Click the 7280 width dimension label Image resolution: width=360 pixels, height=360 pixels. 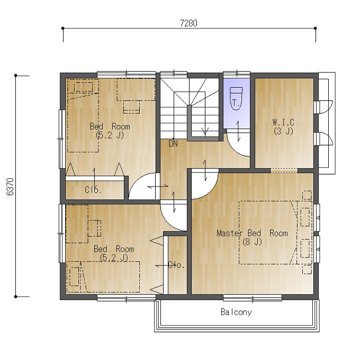[x=188, y=23]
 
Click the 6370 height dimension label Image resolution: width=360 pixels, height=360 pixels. [x=11, y=187]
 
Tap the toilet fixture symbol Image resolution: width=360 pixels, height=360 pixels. [x=236, y=98]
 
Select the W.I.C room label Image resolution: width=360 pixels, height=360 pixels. [x=283, y=122]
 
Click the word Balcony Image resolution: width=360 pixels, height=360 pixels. [x=236, y=312]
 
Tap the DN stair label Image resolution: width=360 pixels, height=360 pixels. [x=173, y=143]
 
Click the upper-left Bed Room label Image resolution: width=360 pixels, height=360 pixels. [x=110, y=127]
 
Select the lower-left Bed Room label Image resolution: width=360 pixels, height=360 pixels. [x=114, y=249]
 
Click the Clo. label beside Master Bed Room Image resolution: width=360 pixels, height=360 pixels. [x=176, y=265]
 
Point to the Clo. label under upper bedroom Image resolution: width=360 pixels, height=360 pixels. [x=93, y=190]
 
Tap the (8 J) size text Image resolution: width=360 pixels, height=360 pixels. [x=252, y=242]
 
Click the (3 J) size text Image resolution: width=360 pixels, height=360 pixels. [x=283, y=131]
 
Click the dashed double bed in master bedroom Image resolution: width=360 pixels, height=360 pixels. [x=275, y=232]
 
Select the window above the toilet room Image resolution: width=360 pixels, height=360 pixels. [x=237, y=74]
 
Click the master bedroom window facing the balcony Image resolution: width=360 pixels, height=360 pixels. [x=253, y=298]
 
